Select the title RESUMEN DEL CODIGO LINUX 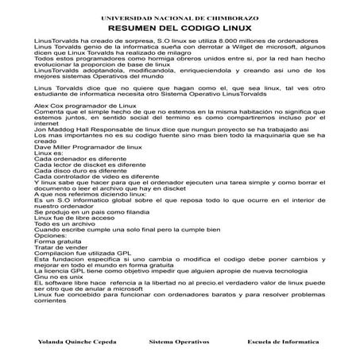pyautogui.click(x=180, y=27)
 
